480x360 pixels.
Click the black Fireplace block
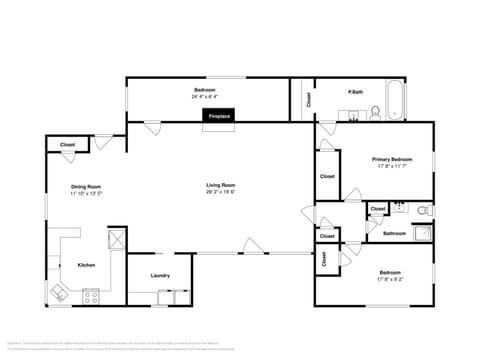[218, 116]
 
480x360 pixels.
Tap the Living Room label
[220, 185]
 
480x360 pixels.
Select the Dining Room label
[86, 186]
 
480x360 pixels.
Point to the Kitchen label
[86, 265]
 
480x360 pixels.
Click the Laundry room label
[159, 275]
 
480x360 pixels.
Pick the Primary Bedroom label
[393, 159]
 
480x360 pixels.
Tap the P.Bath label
[355, 92]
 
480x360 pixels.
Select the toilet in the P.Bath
[375, 112]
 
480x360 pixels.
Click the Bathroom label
[394, 234]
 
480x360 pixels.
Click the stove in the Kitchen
[92, 296]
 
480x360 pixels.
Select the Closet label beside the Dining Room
[67, 145]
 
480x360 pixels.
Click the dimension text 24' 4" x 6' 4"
[205, 98]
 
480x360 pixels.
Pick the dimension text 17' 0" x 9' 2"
[390, 279]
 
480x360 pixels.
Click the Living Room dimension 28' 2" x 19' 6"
[220, 193]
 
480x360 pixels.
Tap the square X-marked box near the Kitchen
[116, 238]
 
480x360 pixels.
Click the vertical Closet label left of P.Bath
[308, 99]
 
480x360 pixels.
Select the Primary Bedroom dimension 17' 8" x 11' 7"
[393, 166]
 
